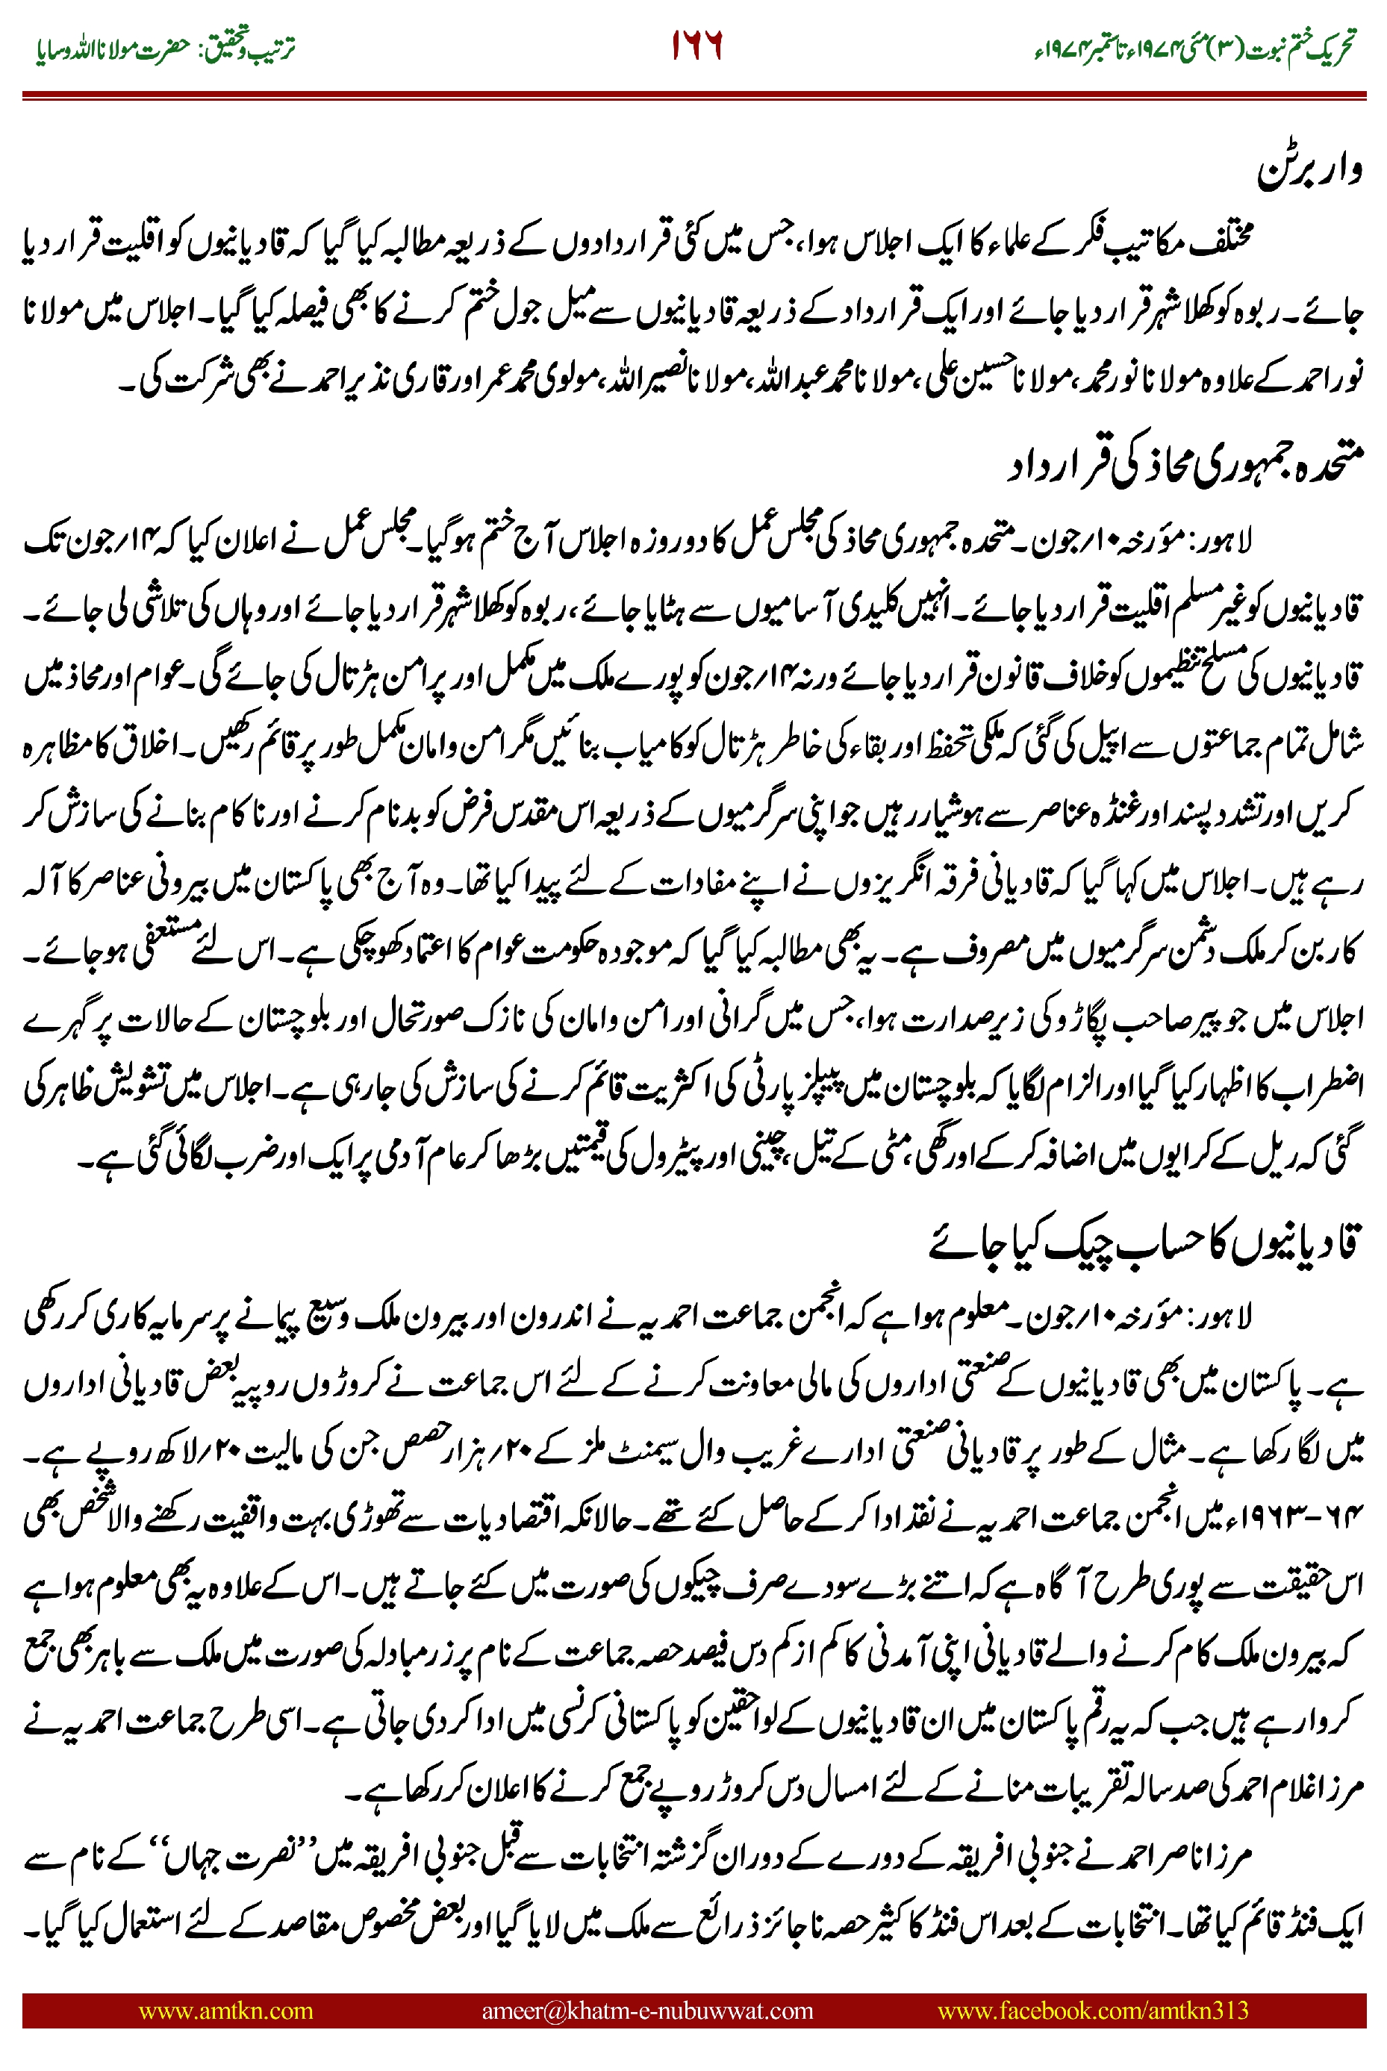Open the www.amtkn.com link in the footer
coord(225,2010)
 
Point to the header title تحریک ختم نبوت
coord(1301,49)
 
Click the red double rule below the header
coord(693,95)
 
